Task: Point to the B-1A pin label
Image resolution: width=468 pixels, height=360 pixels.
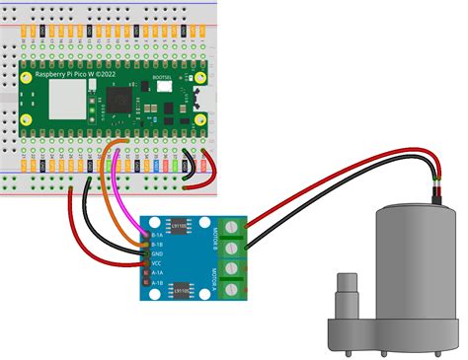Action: [x=157, y=235]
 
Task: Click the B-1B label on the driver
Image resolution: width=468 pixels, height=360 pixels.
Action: [x=157, y=244]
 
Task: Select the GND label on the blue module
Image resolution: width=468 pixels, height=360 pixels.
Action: [x=157, y=253]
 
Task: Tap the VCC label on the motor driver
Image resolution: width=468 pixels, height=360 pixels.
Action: [x=157, y=263]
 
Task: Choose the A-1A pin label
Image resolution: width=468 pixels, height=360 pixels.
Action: [x=157, y=273]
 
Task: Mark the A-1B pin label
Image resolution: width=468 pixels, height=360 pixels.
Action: [x=157, y=283]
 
